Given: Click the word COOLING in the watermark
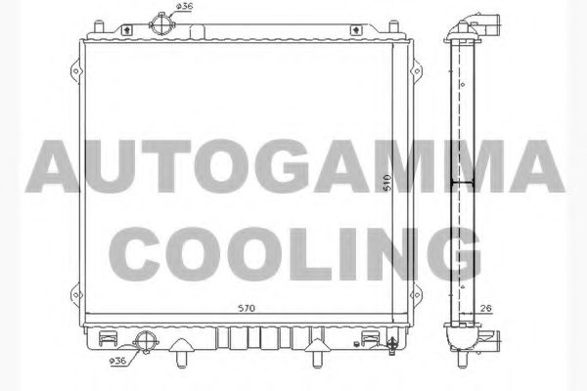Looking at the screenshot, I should [293, 251].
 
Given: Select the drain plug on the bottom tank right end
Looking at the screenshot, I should [392, 344].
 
